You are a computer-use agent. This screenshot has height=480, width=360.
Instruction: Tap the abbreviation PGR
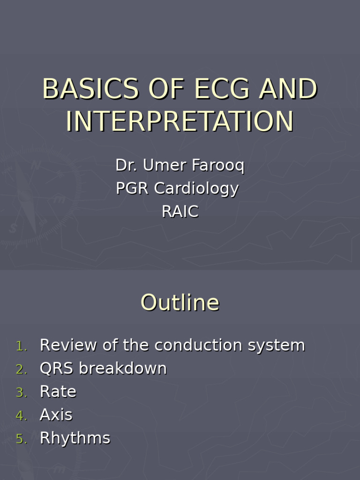pos(133,188)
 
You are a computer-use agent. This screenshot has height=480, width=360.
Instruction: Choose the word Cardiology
pos(196,188)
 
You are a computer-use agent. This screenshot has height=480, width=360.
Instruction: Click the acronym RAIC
pos(180,211)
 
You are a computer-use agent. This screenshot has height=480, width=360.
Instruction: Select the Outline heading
pos(180,302)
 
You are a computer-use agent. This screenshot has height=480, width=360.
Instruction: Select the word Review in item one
pos(68,345)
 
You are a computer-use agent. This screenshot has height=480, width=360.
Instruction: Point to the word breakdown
pos(122,368)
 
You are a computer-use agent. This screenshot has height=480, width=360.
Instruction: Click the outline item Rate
pos(58,391)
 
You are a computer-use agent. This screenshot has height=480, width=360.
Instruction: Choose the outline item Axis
pos(56,415)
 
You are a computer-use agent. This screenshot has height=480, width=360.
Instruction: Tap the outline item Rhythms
pos(75,438)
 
